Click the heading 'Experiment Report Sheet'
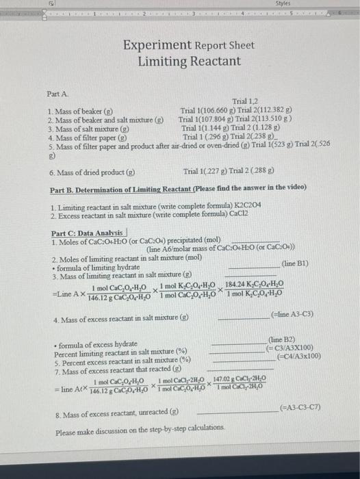189,46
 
